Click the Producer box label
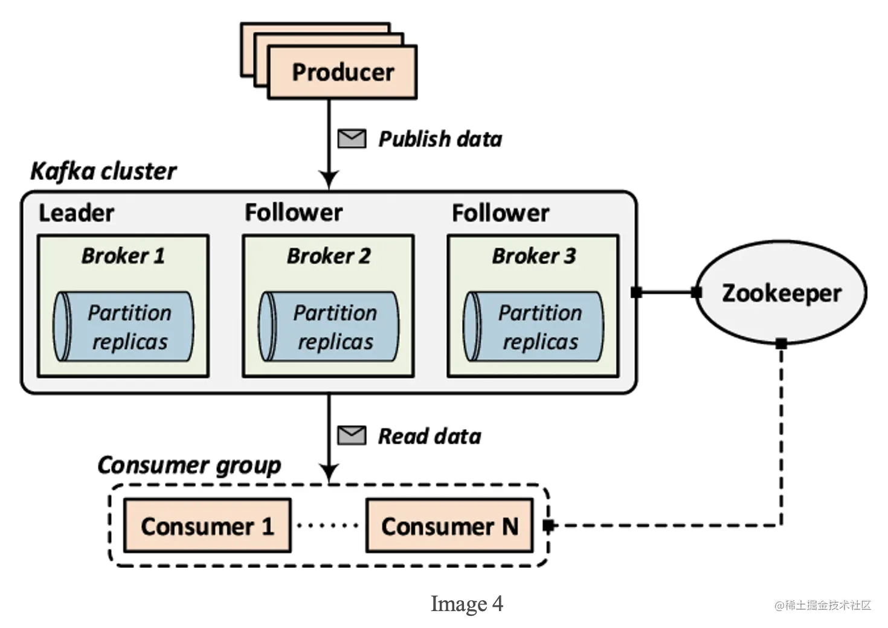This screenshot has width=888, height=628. pyautogui.click(x=343, y=72)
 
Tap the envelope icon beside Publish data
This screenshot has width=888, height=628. pyautogui.click(x=352, y=139)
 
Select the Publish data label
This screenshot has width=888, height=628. pyautogui.click(x=440, y=139)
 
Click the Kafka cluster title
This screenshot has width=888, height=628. pyautogui.click(x=103, y=171)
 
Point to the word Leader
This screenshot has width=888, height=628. pyautogui.click(x=76, y=213)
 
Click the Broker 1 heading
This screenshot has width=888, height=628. pyautogui.click(x=123, y=256)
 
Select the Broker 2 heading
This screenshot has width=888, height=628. pyautogui.click(x=329, y=256)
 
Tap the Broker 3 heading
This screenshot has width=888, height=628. pyautogui.click(x=534, y=256)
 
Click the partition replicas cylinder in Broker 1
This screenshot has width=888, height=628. pyautogui.click(x=124, y=327)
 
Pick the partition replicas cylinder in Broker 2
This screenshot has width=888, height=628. pyautogui.click(x=329, y=327)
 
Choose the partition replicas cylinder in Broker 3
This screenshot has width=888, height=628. pyautogui.click(x=534, y=327)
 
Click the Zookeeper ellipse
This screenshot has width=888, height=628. pyautogui.click(x=781, y=293)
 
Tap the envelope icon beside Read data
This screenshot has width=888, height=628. pyautogui.click(x=352, y=435)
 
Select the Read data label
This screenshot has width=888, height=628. pyautogui.click(x=430, y=437)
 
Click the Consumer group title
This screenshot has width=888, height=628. pyautogui.click(x=189, y=466)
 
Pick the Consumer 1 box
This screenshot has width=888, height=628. pyautogui.click(x=207, y=526)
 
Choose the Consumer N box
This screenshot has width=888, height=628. pyautogui.click(x=449, y=526)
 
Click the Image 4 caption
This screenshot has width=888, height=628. pyautogui.click(x=466, y=604)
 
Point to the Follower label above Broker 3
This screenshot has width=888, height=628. pyautogui.click(x=500, y=213)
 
